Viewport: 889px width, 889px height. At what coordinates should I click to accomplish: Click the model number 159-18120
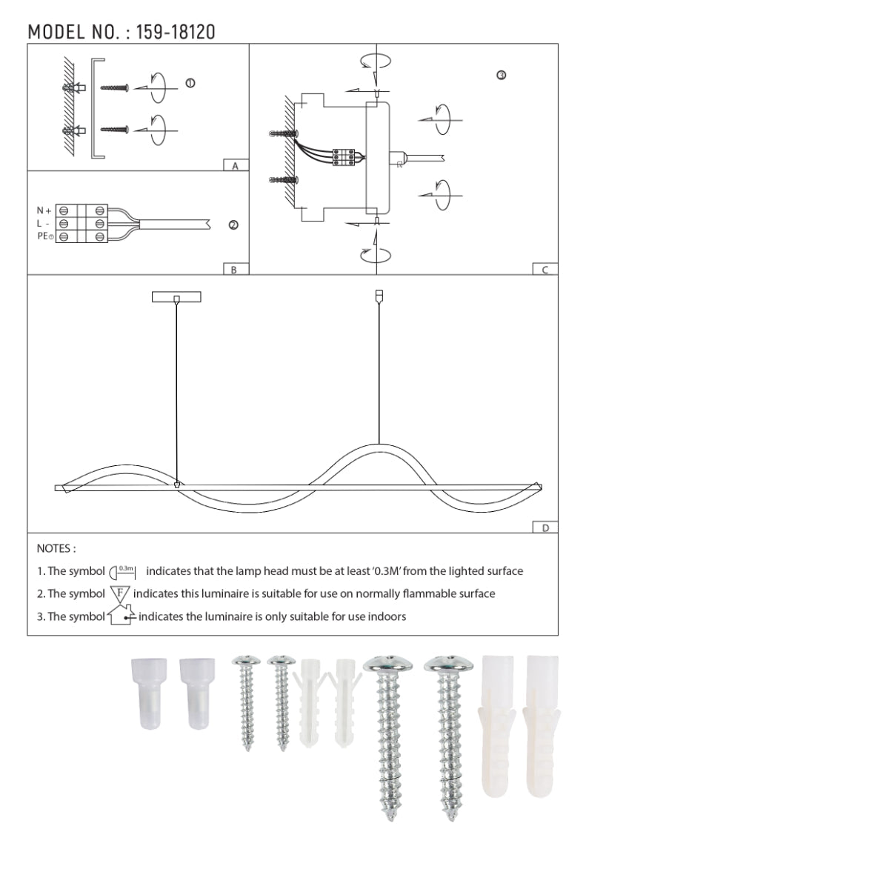pos(176,32)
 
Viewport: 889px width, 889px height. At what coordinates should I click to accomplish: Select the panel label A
pos(235,166)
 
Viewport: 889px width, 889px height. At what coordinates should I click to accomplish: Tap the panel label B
pos(234,270)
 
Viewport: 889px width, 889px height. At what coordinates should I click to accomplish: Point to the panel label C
pos(545,270)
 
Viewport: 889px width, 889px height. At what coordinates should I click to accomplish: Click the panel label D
pos(545,528)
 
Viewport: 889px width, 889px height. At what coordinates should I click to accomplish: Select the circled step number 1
pos(190,83)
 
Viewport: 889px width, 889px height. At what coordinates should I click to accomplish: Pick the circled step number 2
pos(233,225)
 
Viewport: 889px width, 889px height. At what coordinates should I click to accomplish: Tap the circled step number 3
pos(502,76)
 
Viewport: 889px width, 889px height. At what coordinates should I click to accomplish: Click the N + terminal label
pos(44,211)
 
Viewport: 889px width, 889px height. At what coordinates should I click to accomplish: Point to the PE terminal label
pos(44,236)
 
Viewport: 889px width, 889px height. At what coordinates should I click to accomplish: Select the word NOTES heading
pos(56,549)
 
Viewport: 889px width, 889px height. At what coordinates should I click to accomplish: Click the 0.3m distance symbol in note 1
pos(123,572)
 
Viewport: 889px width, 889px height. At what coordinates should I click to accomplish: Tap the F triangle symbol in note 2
pos(120,593)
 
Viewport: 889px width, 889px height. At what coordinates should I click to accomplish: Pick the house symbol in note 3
pos(121,616)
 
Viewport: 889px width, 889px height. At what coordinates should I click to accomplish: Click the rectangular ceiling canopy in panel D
pos(176,297)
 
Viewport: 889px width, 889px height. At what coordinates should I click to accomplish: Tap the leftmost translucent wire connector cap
pos(150,693)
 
